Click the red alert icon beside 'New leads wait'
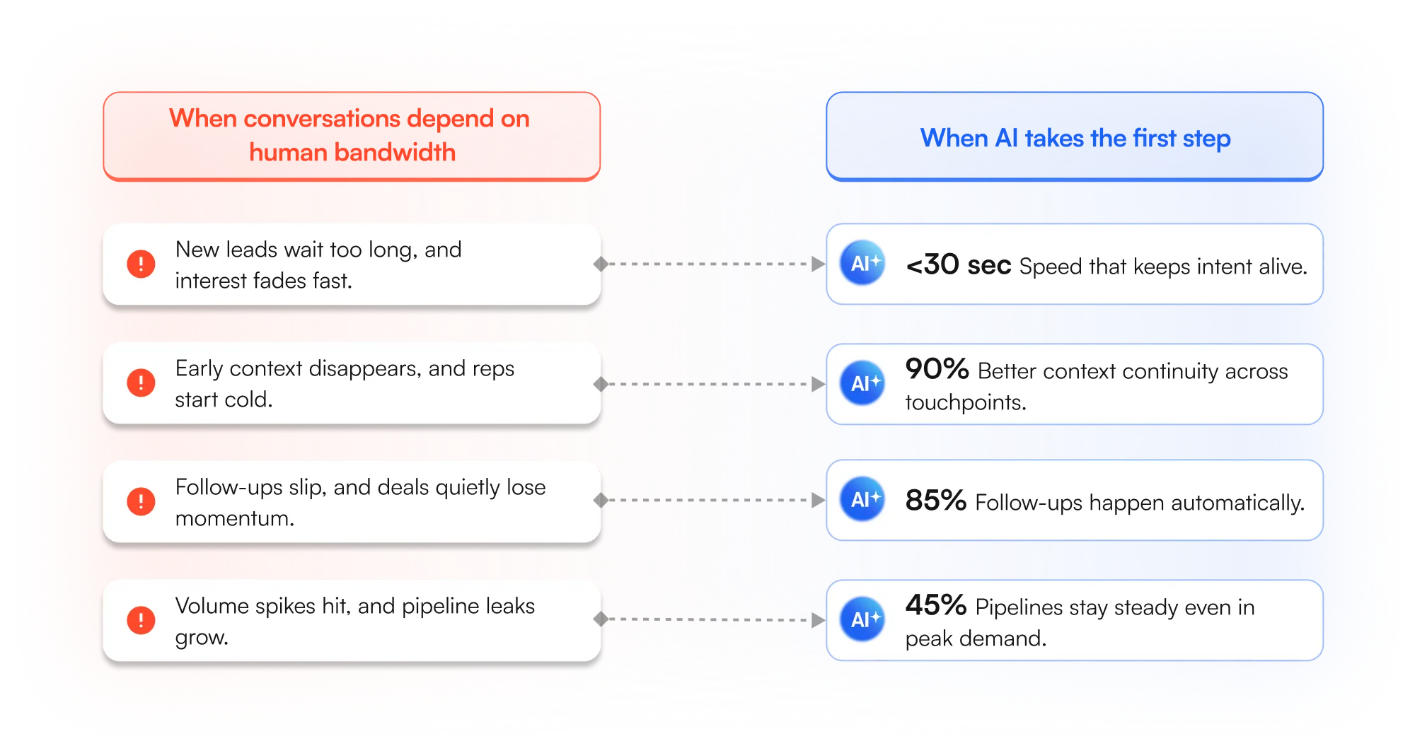click(141, 264)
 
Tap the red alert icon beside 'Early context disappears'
click(141, 383)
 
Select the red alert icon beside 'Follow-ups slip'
click(141, 501)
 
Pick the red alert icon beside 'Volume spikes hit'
click(141, 620)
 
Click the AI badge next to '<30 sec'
click(862, 263)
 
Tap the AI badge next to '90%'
click(862, 383)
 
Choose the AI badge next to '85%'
click(862, 499)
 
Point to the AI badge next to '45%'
click(862, 619)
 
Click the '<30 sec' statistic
click(959, 265)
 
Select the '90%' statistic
click(937, 369)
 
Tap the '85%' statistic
click(935, 501)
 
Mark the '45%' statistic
click(935, 605)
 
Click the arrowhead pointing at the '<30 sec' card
click(819, 264)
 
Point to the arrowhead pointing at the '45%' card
click(819, 620)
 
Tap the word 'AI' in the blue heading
click(1006, 138)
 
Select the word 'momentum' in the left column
click(233, 518)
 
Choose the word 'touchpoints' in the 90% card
click(964, 402)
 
